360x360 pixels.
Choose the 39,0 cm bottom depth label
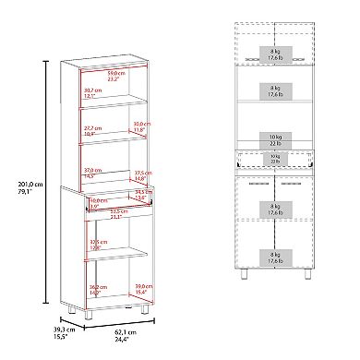click(x=141, y=288)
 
